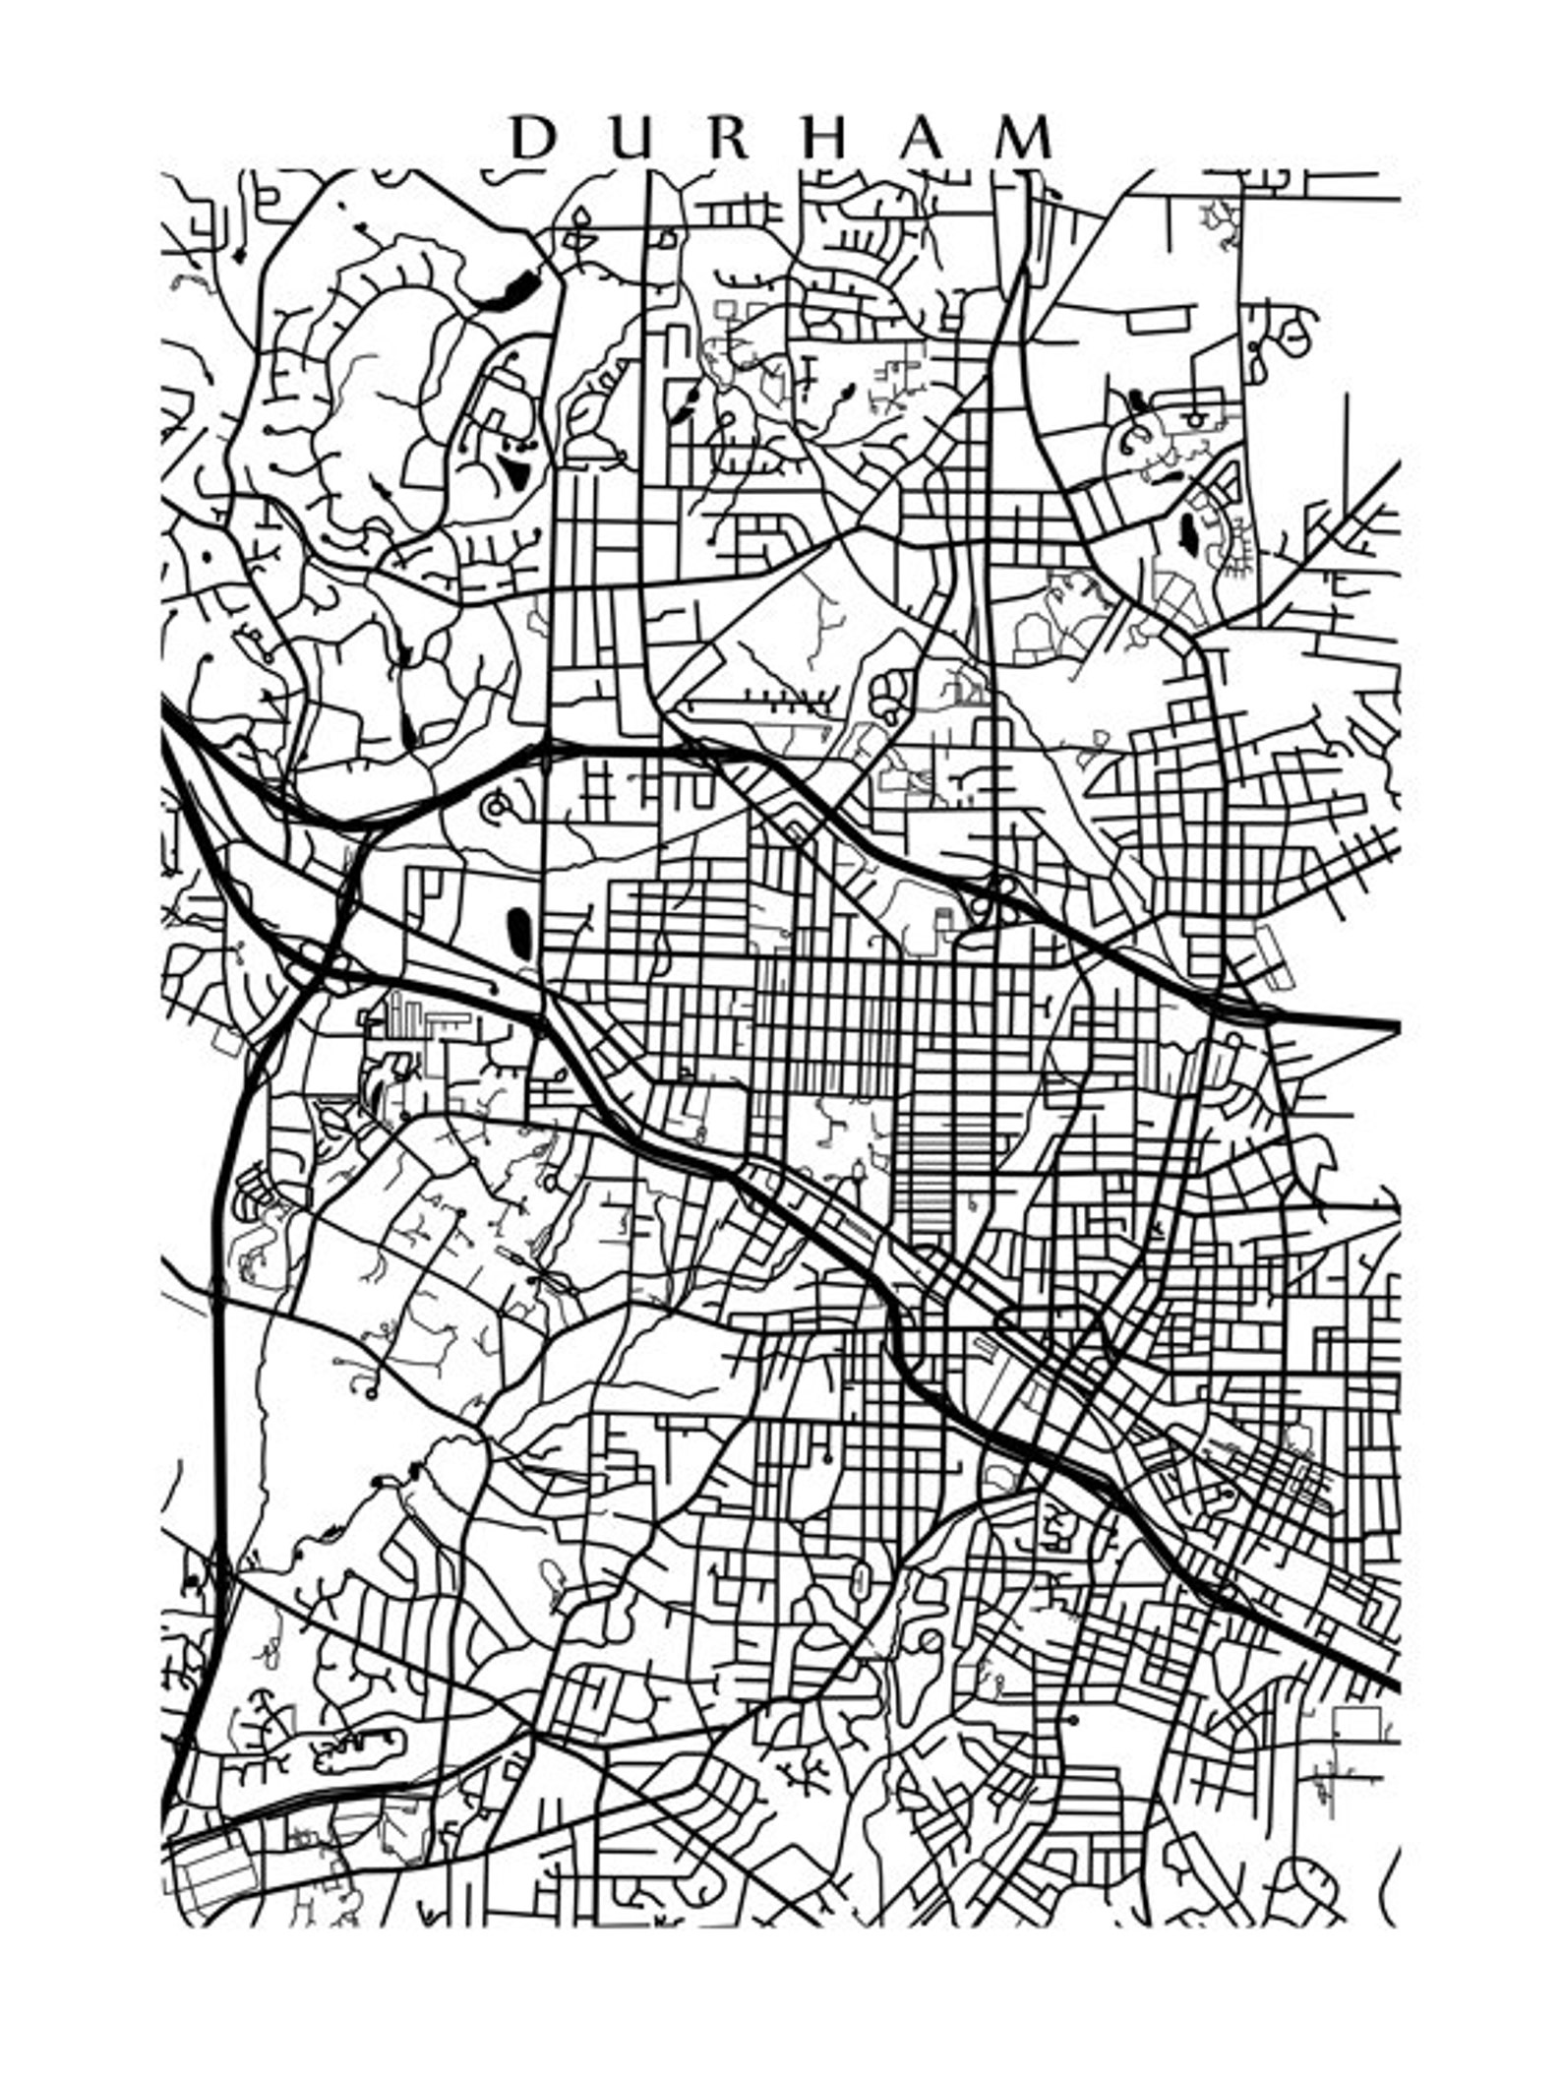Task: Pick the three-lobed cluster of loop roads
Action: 889,695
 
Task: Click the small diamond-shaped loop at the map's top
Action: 580,219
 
